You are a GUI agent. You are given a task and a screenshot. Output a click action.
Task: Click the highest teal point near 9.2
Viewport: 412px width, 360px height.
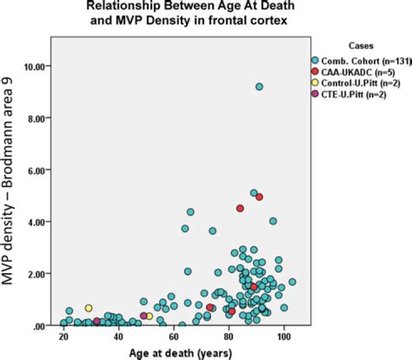coord(259,86)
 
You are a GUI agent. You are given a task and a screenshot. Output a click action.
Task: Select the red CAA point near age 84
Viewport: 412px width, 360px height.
coord(240,208)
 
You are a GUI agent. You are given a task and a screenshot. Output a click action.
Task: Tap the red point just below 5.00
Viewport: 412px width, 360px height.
coord(259,197)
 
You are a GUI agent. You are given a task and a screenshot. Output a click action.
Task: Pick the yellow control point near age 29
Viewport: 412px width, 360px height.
coord(89,308)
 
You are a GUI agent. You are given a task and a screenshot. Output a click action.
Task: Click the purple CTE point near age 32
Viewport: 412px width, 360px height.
coord(97,321)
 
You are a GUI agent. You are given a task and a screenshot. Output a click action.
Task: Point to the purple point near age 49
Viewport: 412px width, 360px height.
coord(144,315)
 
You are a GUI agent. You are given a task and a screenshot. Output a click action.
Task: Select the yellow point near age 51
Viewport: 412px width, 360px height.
coord(149,316)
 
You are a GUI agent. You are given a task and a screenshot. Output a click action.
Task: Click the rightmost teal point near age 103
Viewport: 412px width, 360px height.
coord(292,282)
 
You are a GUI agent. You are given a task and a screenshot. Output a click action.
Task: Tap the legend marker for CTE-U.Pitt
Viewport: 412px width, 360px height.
coord(315,94)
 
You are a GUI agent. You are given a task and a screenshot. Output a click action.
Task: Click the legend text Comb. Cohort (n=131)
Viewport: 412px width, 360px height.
coord(366,61)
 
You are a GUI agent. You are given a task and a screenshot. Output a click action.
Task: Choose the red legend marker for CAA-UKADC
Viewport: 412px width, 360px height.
coord(315,72)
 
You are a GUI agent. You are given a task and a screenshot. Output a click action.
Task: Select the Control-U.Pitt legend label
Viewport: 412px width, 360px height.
coord(360,84)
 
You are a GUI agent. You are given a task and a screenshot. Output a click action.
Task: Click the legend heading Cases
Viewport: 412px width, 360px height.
coord(361,46)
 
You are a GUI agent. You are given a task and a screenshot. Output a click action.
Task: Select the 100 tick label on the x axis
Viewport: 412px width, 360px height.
coord(284,337)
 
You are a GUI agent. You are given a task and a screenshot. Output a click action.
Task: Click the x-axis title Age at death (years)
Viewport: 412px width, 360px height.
coord(181,354)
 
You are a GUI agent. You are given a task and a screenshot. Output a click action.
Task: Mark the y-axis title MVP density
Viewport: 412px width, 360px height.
coord(7,244)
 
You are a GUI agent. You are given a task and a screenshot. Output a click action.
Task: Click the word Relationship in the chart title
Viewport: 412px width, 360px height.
coord(123,6)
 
